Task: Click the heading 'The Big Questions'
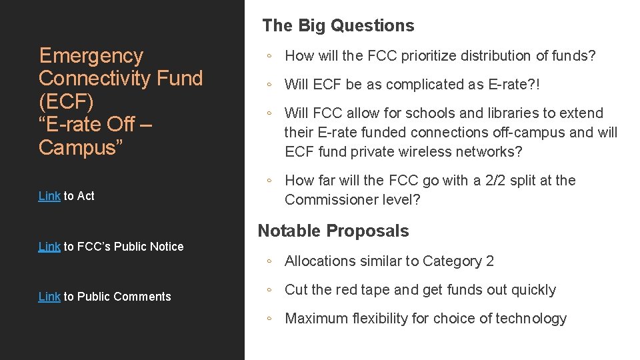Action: (x=338, y=26)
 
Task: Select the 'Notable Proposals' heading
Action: (x=333, y=231)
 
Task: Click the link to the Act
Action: (x=49, y=196)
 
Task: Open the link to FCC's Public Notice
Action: (x=49, y=247)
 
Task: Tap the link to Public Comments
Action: (x=49, y=297)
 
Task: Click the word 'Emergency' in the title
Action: (x=91, y=55)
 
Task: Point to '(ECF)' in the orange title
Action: (x=65, y=101)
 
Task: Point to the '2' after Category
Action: (x=490, y=261)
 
